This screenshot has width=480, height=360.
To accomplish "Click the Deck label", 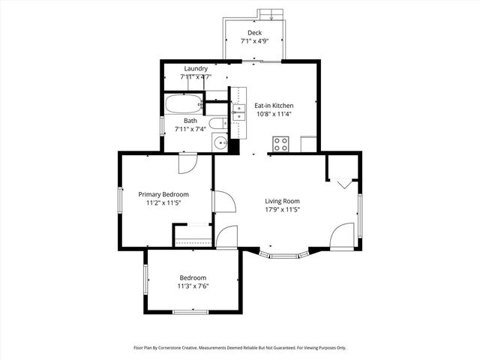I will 255,33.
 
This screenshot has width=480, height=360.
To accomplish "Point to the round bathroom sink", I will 219,142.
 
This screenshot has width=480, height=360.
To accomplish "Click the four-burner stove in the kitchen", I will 281,142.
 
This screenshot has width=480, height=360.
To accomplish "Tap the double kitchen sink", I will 238,112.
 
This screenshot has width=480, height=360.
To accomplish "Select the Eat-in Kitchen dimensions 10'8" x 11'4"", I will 273,115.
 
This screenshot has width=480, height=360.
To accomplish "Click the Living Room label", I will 282,200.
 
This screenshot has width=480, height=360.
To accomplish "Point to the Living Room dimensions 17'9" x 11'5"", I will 282,210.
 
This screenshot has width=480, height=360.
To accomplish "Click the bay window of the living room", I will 283,256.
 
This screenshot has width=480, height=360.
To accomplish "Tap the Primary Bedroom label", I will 163,193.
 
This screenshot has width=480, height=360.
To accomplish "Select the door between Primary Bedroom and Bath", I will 187,162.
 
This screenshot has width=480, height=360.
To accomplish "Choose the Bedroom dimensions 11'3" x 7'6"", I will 192,286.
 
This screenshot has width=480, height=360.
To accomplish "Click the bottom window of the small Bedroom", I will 190,311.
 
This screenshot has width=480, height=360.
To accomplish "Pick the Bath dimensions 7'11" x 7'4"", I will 190,129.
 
